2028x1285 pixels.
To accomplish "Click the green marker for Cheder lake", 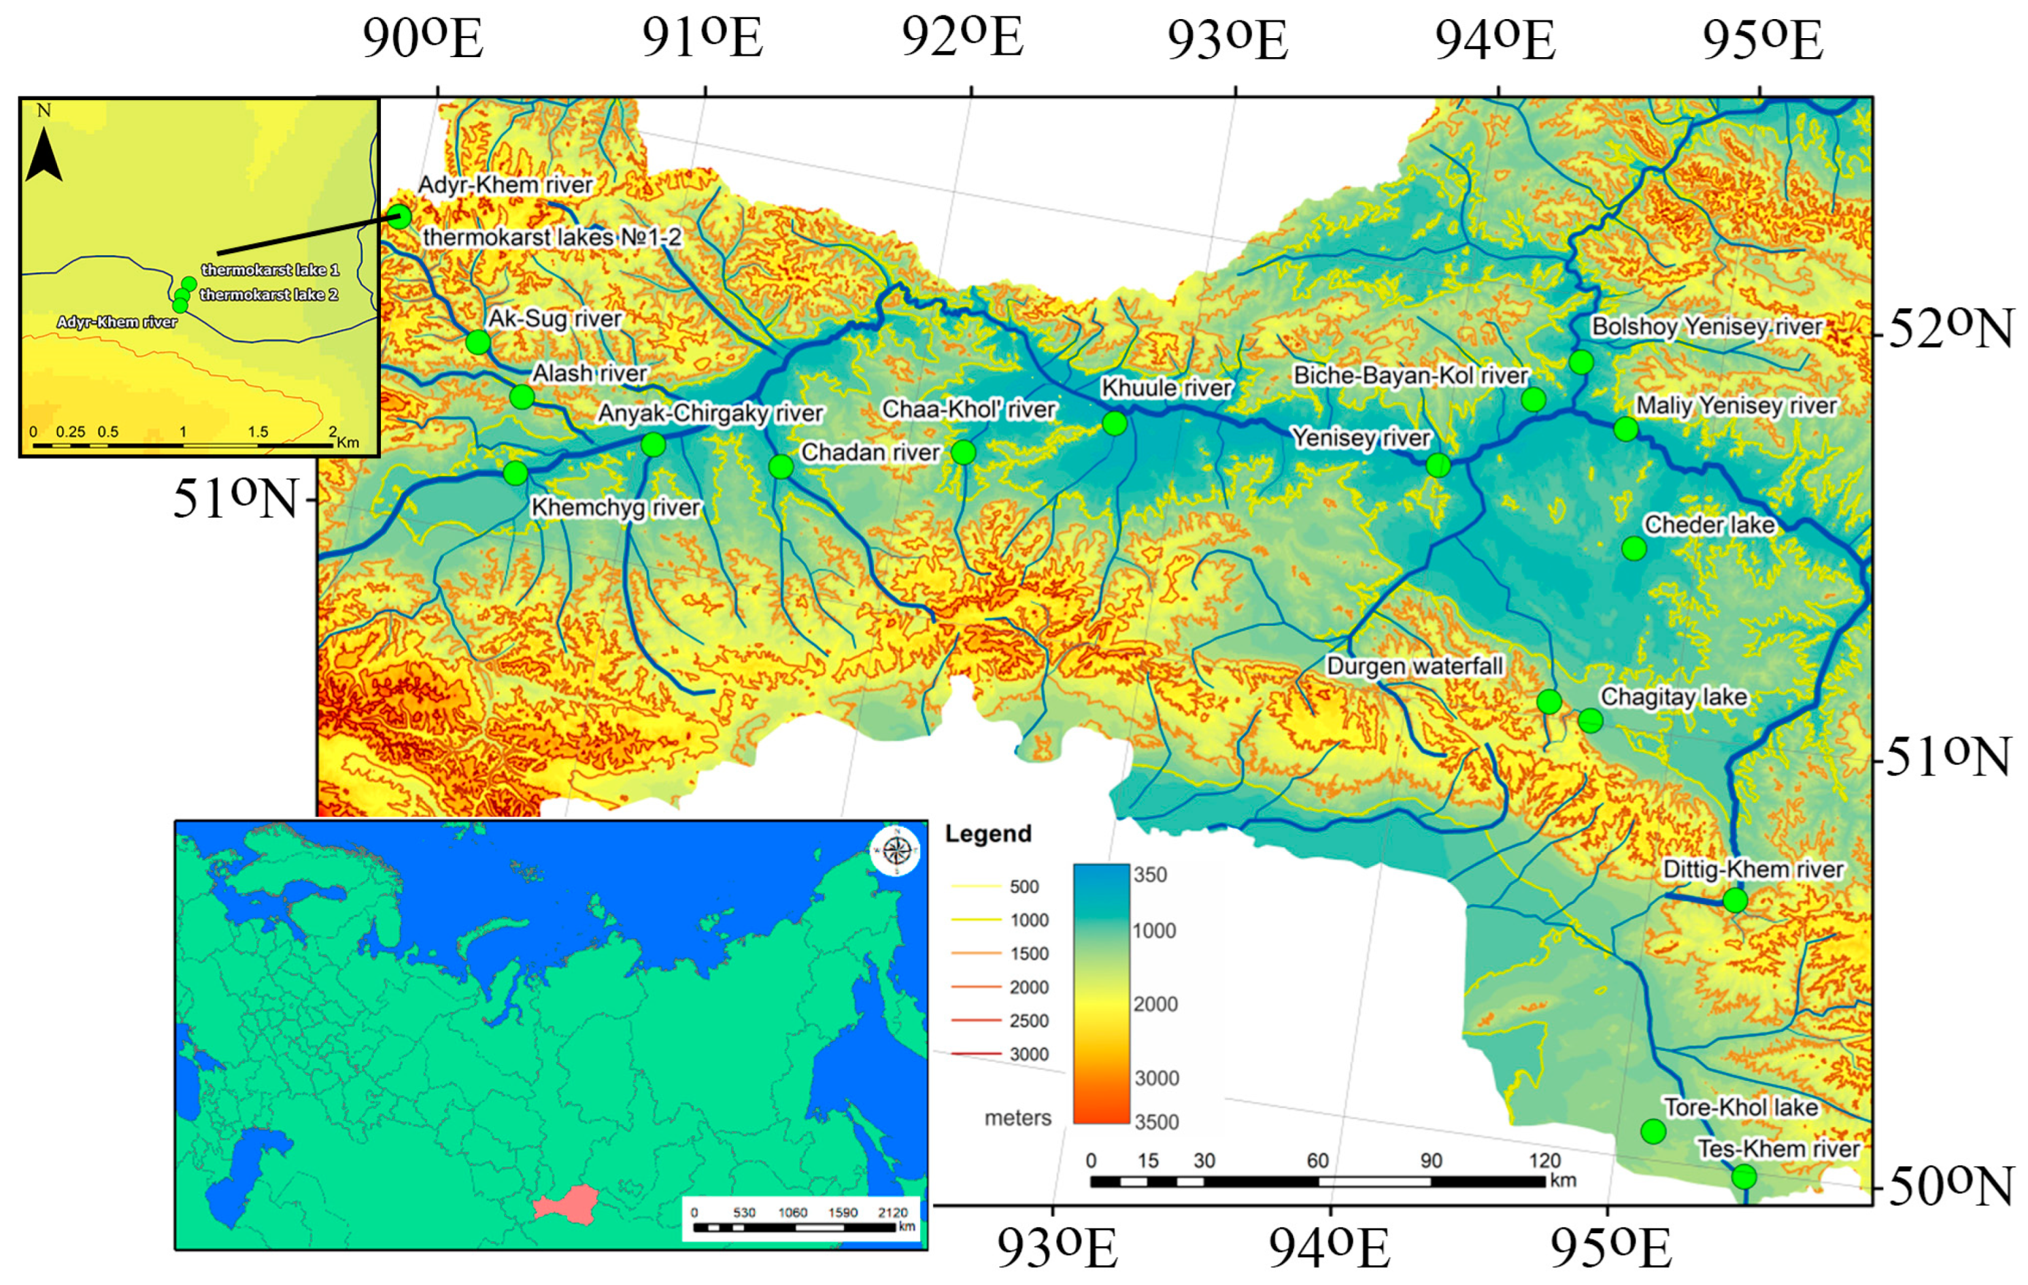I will click(1633, 548).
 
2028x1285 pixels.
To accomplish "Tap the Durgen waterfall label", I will click(1414, 666).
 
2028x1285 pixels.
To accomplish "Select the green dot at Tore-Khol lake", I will click(1653, 1131).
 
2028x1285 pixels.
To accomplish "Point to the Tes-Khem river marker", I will click(1744, 1176).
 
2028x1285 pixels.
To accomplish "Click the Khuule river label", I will click(1166, 388).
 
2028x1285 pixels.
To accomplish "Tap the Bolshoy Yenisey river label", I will click(1706, 327).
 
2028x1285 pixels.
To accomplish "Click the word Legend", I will click(988, 833).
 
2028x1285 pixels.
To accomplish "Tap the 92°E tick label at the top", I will click(962, 38).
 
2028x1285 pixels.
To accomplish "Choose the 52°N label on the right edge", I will click(1950, 329).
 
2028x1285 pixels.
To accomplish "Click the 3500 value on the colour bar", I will click(1155, 1122).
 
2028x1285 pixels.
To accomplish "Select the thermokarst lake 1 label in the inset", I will click(269, 269).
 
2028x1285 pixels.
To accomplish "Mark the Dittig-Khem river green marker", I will click(1735, 901).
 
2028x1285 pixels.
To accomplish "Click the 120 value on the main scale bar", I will click(1544, 1161).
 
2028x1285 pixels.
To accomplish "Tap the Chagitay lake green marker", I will click(1590, 720).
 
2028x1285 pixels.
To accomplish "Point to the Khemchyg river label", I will click(615, 507).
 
